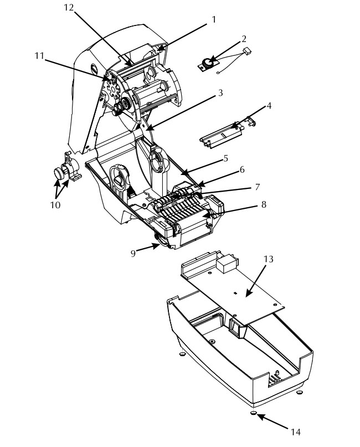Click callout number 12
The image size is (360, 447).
(x=69, y=8)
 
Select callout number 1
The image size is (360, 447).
(x=214, y=20)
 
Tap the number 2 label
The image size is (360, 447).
(x=244, y=39)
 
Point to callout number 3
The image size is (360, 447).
(x=220, y=93)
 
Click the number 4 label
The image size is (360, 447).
(x=269, y=106)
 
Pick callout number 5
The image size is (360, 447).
(x=226, y=158)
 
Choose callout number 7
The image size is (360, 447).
(x=258, y=187)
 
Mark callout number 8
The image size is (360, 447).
(x=264, y=204)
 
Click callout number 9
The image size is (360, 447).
(x=133, y=254)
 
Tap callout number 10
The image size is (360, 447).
(x=55, y=205)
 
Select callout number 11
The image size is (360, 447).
(x=39, y=55)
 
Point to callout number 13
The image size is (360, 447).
(x=268, y=259)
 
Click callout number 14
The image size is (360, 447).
(x=296, y=432)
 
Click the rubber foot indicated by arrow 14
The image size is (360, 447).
(x=254, y=413)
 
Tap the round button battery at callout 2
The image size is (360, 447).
(x=207, y=63)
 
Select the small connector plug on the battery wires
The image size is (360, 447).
(x=247, y=51)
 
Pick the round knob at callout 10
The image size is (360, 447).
(x=59, y=173)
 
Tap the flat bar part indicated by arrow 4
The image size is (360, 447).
(x=222, y=136)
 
